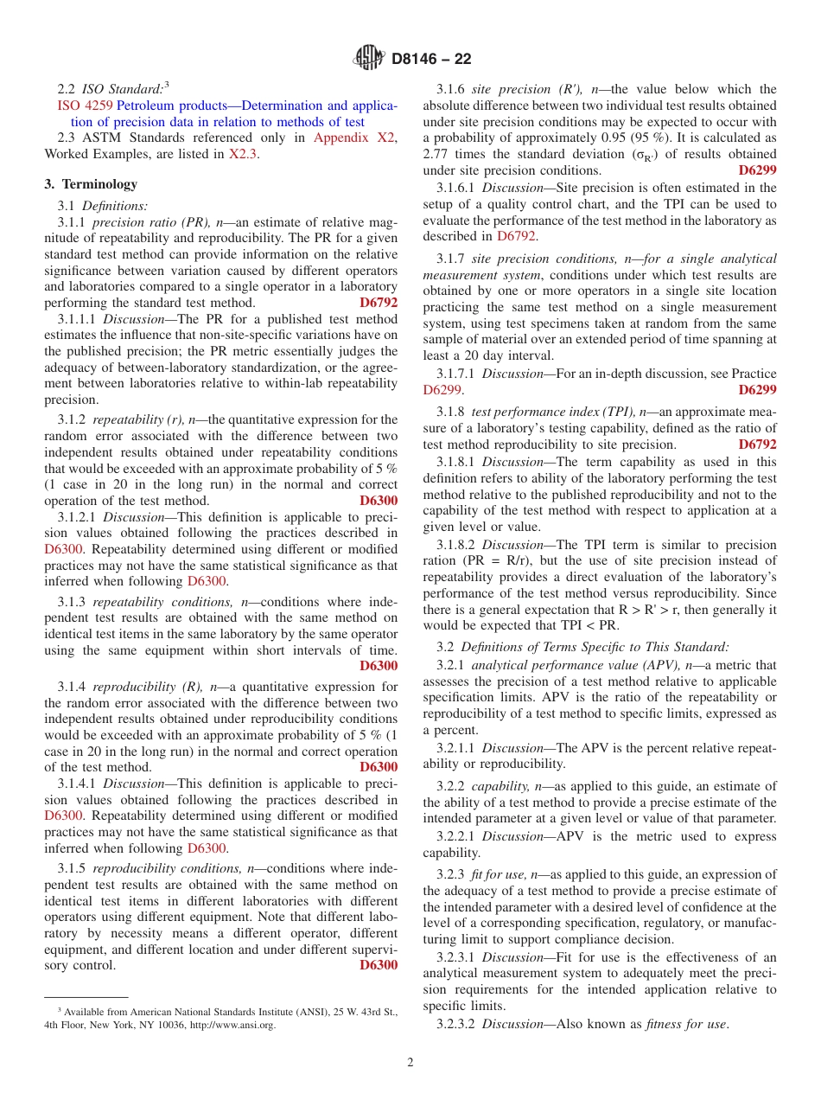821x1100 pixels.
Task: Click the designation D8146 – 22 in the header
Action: (431, 59)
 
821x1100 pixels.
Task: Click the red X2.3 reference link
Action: (242, 154)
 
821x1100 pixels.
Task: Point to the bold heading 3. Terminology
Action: (91, 184)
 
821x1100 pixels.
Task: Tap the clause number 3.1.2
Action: (73, 419)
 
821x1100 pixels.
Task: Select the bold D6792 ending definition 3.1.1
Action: (379, 303)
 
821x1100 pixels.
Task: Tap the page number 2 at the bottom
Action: (410, 1063)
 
